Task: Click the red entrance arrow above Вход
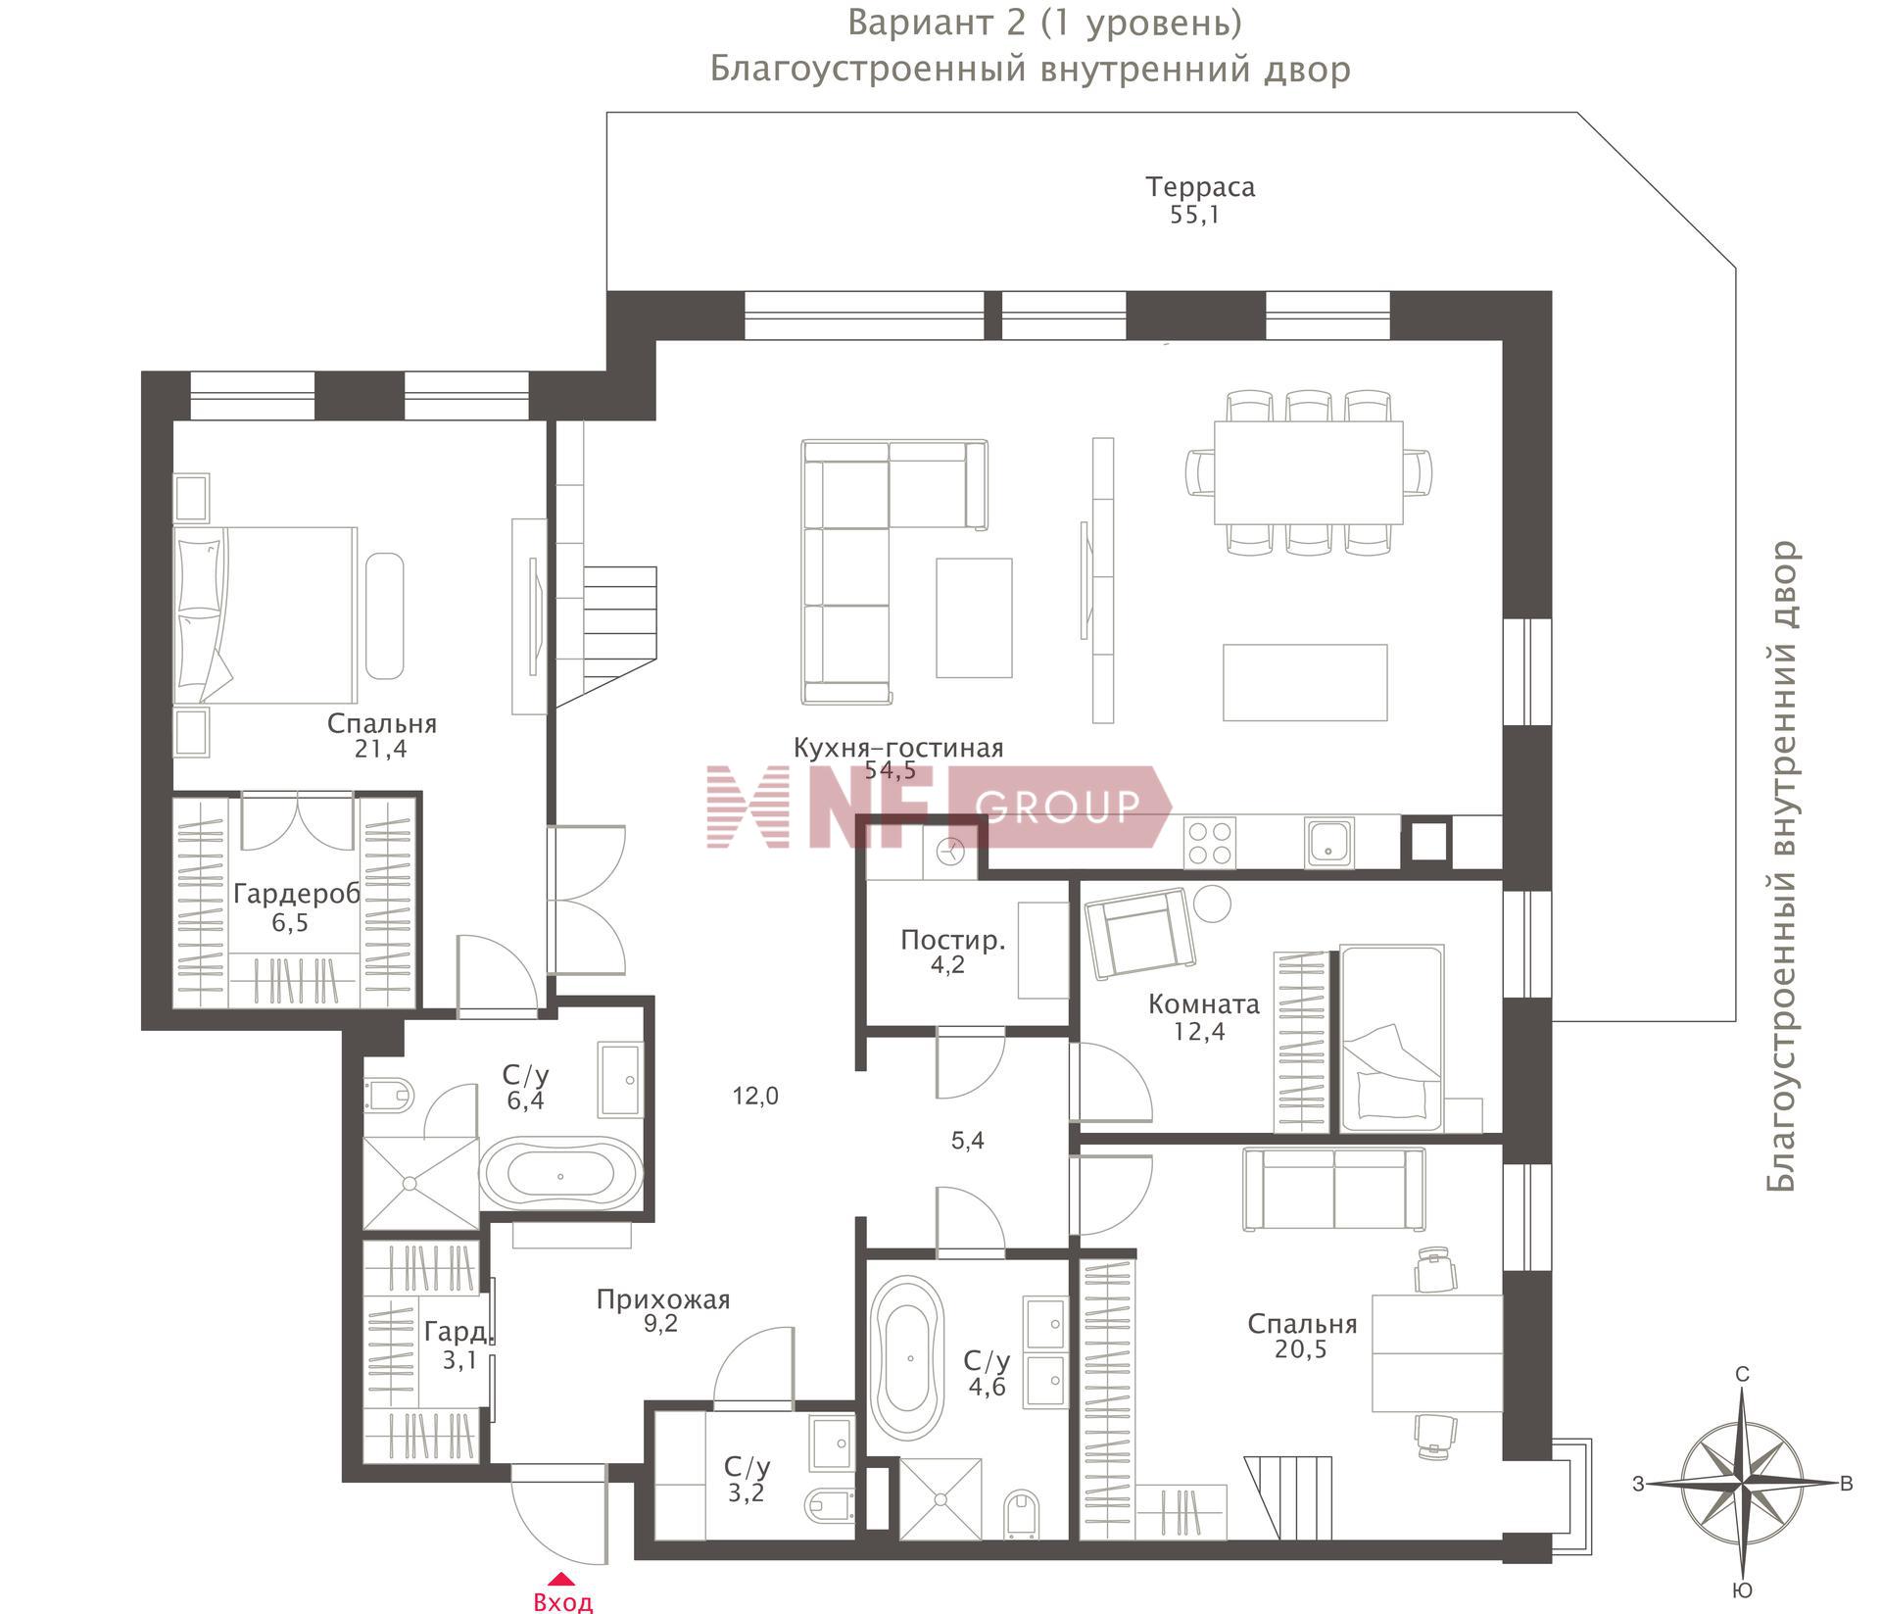point(560,1579)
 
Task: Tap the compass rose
point(1743,1484)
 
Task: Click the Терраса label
point(1200,186)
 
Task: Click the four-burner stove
point(1209,843)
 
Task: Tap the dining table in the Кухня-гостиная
point(1308,473)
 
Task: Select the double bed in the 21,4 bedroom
point(265,614)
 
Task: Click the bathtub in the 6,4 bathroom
point(561,1176)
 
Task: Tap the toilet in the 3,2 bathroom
point(829,1504)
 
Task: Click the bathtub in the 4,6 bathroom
point(909,1357)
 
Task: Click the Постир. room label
point(952,941)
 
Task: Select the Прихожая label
point(663,1299)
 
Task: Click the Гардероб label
point(297,894)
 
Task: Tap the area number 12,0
point(755,1097)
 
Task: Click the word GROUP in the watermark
point(1058,806)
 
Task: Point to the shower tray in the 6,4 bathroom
point(420,1183)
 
